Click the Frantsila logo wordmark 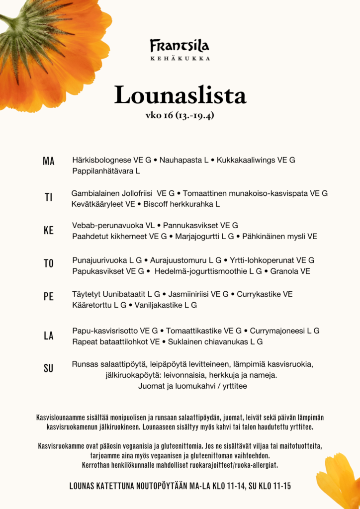(180, 46)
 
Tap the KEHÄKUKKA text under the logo (180, 58)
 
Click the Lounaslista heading (180, 95)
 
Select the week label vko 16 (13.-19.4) (180, 116)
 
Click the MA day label (49, 161)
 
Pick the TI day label (48, 197)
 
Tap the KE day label (48, 231)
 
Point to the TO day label (48, 263)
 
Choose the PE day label (48, 297)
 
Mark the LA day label (48, 336)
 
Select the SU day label (48, 369)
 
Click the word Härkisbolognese (101, 160)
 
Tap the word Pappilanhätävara (103, 171)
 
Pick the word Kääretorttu (92, 305)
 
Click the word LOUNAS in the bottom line (84, 486)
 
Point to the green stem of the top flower (7, 20)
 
